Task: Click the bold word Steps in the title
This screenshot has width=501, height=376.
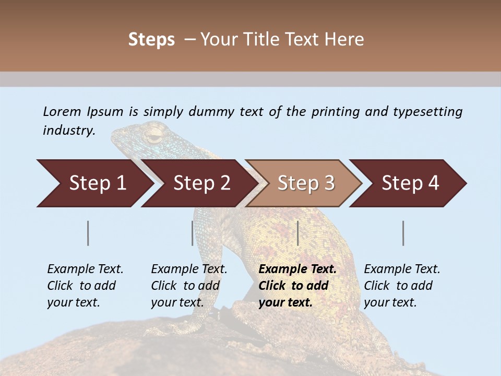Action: tap(151, 40)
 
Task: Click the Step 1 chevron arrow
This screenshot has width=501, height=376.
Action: tap(94, 183)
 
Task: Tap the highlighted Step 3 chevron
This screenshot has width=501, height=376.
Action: tap(305, 183)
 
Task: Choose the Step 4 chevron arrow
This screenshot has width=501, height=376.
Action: tap(410, 183)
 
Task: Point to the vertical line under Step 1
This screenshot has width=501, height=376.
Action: tap(88, 233)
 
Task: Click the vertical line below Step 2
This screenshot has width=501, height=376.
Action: tap(193, 233)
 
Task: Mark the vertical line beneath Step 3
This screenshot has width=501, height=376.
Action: tap(297, 233)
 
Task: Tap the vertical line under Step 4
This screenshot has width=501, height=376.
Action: tap(403, 233)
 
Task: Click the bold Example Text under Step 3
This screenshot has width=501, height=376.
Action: tap(297, 269)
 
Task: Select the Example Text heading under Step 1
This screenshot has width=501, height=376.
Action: tap(85, 269)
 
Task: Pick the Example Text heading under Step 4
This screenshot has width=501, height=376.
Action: tap(402, 269)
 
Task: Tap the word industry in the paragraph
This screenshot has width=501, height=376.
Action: tap(68, 131)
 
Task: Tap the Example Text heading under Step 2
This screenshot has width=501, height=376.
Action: tap(189, 269)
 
